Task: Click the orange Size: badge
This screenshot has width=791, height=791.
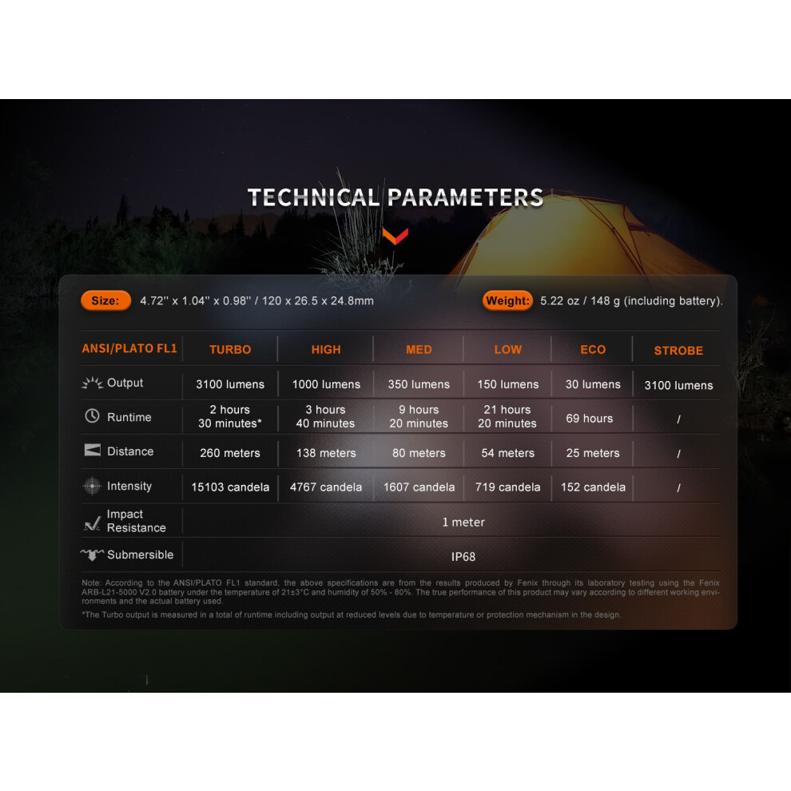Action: [106, 300]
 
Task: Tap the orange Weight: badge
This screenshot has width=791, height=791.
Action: [507, 300]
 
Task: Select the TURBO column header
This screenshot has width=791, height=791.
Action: [230, 350]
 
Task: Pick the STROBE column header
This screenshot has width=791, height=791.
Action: [678, 351]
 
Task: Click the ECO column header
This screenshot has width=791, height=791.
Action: [593, 350]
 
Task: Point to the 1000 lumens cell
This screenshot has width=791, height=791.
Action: [327, 384]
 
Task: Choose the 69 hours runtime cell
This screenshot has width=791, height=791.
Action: [589, 419]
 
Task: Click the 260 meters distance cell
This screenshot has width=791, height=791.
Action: [230, 453]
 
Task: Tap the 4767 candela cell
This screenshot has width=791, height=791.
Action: [326, 487]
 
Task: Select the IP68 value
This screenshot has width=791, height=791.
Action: [463, 556]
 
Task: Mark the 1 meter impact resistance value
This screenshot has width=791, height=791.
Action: [463, 522]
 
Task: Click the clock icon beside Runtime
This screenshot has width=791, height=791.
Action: [92, 416]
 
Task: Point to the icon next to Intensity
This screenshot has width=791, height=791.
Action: [92, 486]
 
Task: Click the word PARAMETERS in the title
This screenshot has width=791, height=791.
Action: [466, 197]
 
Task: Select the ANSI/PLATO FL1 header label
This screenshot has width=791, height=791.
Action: [129, 348]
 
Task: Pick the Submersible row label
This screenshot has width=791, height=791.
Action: [141, 555]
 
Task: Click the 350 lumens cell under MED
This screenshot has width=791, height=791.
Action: [419, 384]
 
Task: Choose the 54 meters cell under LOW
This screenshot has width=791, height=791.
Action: [507, 453]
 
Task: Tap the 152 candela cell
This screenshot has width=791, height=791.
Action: [593, 487]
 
